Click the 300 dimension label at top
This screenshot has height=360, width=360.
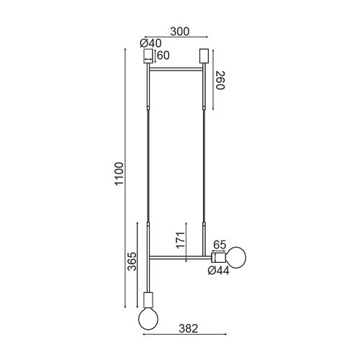(180, 32)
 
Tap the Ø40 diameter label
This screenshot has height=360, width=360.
(150, 43)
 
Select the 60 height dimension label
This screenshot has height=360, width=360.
(163, 55)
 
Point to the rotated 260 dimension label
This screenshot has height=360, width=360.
(220, 81)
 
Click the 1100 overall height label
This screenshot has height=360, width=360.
(120, 174)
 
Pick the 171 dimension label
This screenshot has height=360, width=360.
(181, 240)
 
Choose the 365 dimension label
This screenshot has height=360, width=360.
(132, 261)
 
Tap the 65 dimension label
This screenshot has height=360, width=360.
(220, 245)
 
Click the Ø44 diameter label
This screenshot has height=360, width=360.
(218, 271)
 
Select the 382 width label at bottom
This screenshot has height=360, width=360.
(189, 328)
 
